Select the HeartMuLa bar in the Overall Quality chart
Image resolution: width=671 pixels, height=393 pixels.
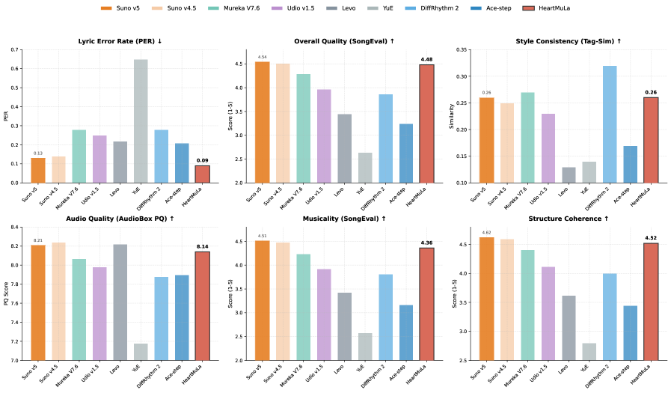[x=426, y=124]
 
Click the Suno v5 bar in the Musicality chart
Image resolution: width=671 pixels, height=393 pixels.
[x=262, y=300]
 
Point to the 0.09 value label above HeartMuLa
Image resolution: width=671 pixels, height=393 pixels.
[x=203, y=160]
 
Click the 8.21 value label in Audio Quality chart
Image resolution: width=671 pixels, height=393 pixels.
[x=38, y=240]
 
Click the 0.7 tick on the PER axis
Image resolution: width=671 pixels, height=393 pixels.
[x=16, y=50]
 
